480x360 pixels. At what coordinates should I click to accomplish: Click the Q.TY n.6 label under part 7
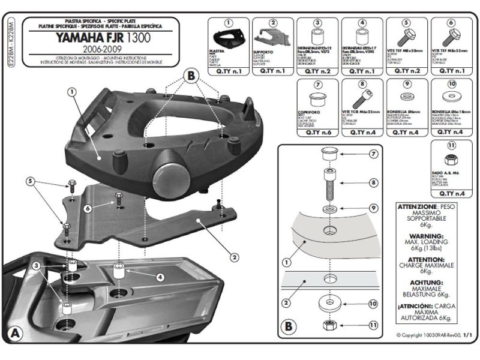pyautogui.click(x=316, y=133)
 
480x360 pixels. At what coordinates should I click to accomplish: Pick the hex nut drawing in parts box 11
pyautogui.click(x=449, y=161)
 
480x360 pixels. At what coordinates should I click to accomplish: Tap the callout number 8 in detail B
pyautogui.click(x=373, y=182)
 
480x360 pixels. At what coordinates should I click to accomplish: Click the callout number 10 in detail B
pyautogui.click(x=373, y=304)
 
